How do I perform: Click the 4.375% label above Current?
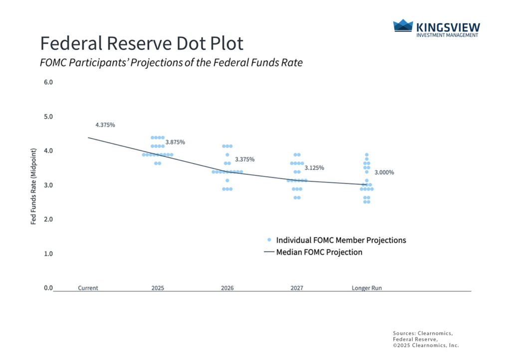point(105,125)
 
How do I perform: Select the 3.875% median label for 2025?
point(175,142)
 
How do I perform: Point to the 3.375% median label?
point(245,160)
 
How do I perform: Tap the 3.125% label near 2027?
point(314,168)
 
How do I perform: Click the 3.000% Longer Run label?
point(384,172)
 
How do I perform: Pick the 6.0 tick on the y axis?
point(48,82)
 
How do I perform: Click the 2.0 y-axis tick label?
point(48,219)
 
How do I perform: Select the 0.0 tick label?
point(48,288)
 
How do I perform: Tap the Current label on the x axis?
point(88,288)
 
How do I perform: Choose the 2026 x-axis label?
point(227,288)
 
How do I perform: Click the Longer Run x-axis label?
point(367,288)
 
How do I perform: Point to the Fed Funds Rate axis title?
point(34,185)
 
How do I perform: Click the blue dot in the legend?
point(269,240)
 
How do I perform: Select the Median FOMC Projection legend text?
point(319,252)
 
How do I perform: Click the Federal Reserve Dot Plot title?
point(142,43)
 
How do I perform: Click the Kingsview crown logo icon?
point(403,26)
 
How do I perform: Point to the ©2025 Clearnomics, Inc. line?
point(426,346)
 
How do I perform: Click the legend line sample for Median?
point(269,253)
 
